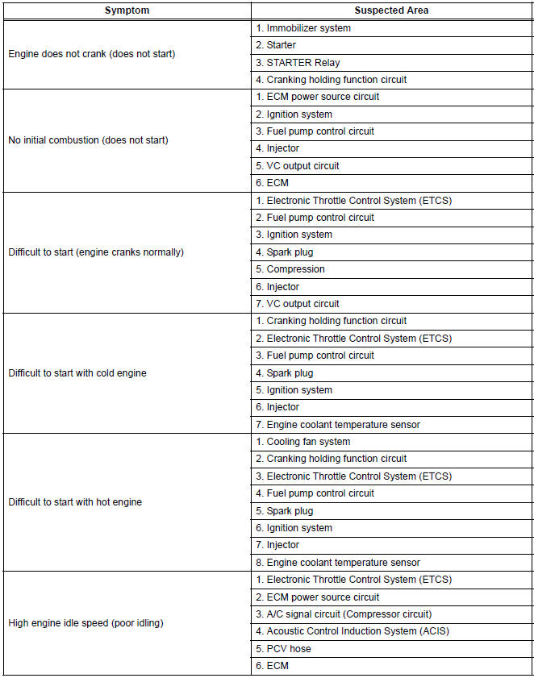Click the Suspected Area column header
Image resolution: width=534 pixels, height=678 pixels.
coord(391,10)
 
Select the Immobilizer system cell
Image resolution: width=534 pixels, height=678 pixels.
coord(302,28)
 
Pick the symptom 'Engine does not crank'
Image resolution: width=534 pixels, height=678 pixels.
coord(91,54)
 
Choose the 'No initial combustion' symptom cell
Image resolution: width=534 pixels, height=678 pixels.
coord(88,140)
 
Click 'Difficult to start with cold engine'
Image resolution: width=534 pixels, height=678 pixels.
coord(77,373)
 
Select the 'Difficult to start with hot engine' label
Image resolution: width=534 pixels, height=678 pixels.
coord(75,502)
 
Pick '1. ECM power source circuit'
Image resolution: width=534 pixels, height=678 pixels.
coord(317,97)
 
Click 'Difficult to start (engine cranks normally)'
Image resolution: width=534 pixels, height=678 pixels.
coord(96,252)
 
